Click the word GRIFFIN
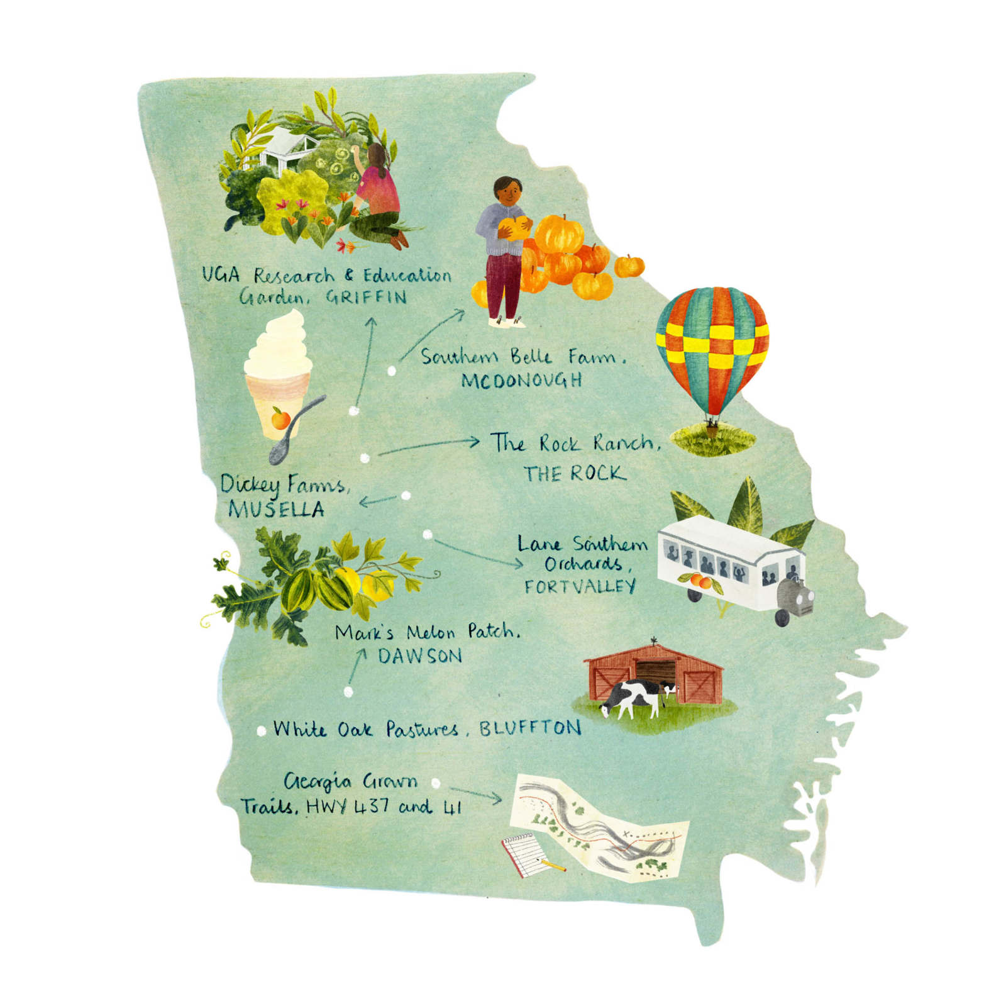coord(366,297)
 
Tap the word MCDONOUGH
coord(521,381)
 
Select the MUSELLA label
coord(276,509)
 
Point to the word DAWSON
coord(420,656)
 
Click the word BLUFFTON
coord(530,729)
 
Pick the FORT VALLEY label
coord(580,587)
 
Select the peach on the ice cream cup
coord(280,418)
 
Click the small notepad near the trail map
coord(524,854)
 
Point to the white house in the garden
coord(285,152)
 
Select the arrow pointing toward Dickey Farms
coord(377,501)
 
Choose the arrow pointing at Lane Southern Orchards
coord(478,552)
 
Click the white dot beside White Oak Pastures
coord(262,731)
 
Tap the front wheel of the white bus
coord(782,617)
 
